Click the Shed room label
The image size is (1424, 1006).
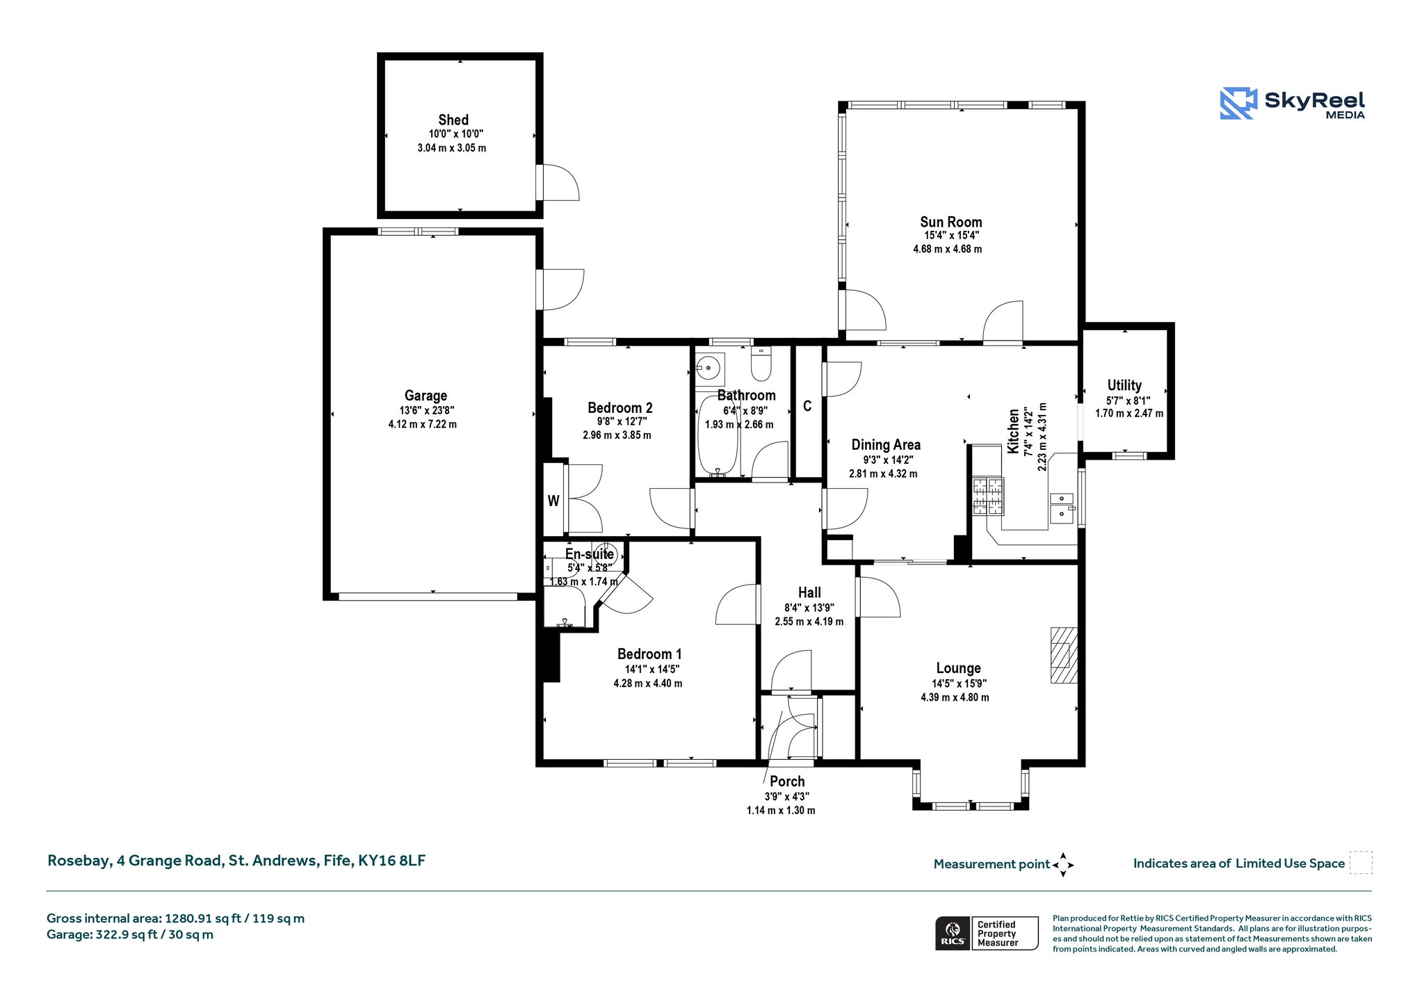click(453, 120)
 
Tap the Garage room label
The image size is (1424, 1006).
click(426, 396)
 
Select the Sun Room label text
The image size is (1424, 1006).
click(950, 222)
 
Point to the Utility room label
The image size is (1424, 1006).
click(1124, 385)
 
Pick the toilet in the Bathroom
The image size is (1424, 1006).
click(761, 364)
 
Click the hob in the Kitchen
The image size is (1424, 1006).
click(988, 496)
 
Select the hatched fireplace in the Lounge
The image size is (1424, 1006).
click(1063, 656)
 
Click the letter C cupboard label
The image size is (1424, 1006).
click(807, 406)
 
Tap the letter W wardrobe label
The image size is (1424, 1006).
click(553, 501)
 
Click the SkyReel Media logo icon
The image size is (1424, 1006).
click(1238, 104)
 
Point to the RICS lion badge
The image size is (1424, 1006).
click(953, 933)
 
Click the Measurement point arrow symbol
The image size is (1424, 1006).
click(1063, 865)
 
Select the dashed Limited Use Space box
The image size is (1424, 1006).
click(1361, 863)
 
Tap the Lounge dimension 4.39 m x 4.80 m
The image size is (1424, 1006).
click(955, 697)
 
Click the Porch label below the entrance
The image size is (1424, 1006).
click(787, 781)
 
